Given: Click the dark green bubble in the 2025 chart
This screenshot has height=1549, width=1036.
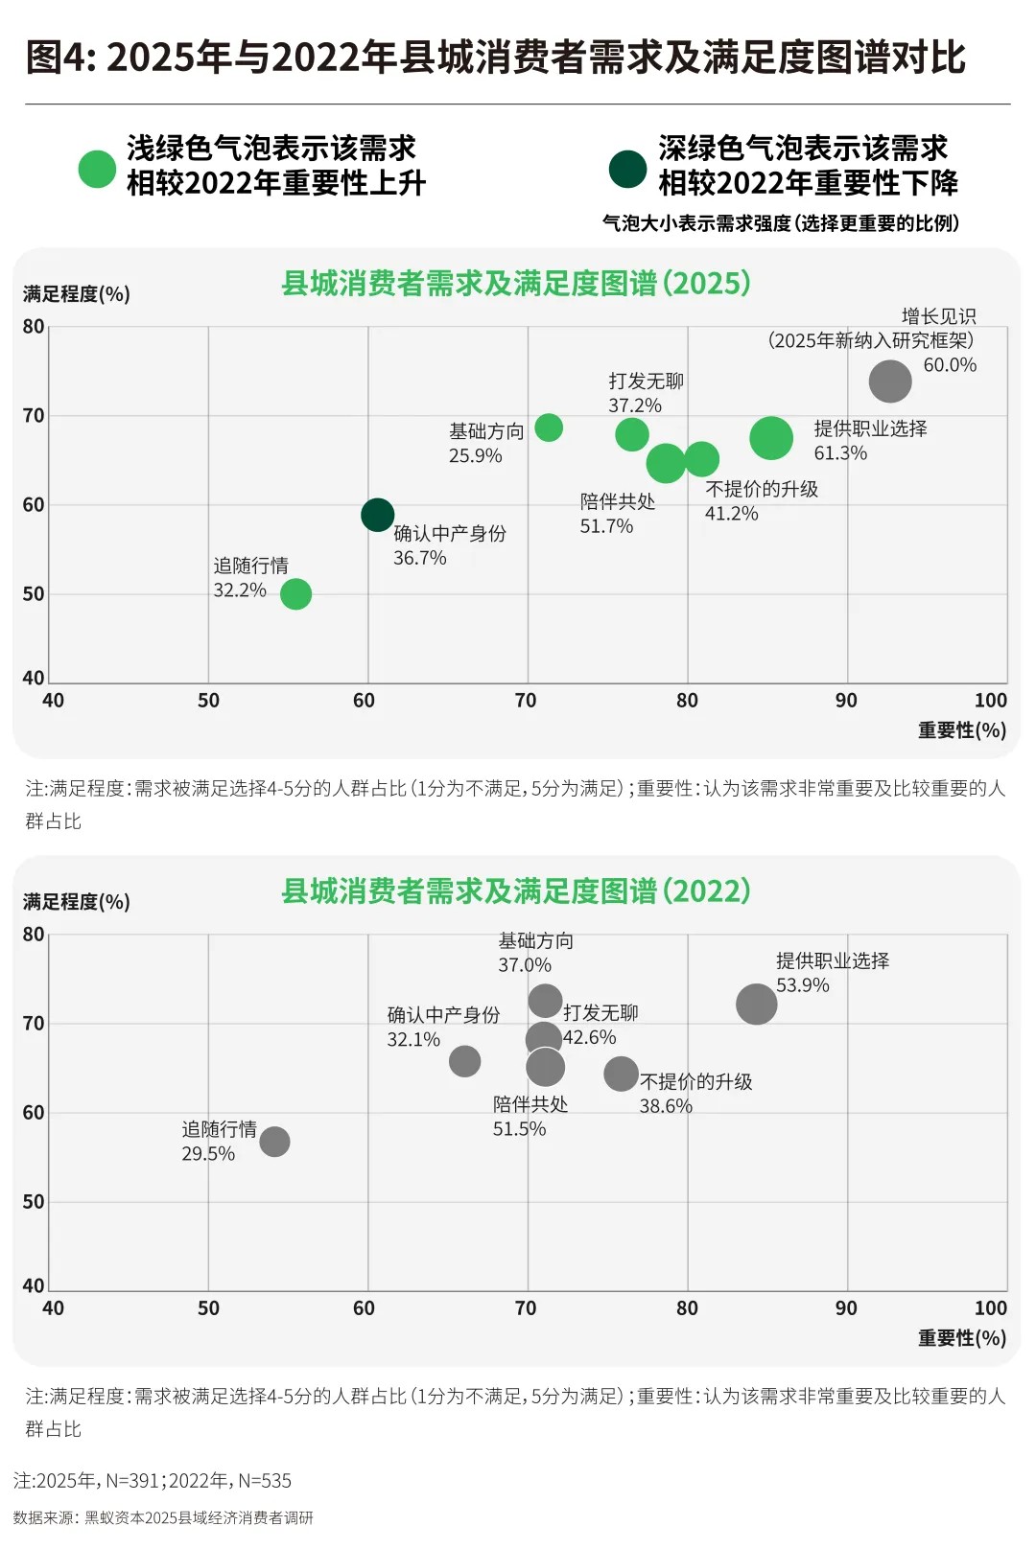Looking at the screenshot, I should coord(377,515).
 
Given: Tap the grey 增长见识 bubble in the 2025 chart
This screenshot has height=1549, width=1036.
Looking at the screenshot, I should coord(889,381).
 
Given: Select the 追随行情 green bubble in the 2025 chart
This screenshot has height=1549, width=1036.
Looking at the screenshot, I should coord(295,594).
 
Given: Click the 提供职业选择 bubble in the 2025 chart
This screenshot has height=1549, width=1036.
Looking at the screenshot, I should coord(771,438).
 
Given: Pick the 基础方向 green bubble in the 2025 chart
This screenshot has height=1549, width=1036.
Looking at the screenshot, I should coord(549,428).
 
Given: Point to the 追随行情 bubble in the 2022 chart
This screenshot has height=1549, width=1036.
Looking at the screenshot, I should coord(274,1142).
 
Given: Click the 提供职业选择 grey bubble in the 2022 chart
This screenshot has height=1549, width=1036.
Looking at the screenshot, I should coord(756,1004).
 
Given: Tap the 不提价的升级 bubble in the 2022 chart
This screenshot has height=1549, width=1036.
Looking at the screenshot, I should coord(621,1074).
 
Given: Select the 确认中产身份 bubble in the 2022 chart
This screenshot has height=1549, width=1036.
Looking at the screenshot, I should coord(464,1061).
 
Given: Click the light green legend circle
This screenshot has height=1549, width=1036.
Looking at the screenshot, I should coord(97,169).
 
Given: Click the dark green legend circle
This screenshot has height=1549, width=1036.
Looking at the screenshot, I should coord(627,169).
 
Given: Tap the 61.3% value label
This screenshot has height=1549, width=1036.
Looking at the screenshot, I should coord(840,453).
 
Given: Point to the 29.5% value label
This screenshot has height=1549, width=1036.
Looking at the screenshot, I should coord(208,1154).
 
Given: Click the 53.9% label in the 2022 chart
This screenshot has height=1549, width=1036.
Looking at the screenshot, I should coord(802,985).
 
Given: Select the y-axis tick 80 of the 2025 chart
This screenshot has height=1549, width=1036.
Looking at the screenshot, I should coord(34,327).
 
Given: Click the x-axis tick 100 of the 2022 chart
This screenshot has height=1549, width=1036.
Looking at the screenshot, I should coord(990,1308).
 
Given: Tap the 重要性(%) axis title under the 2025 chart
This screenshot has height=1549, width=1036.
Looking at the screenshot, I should coord(961,730).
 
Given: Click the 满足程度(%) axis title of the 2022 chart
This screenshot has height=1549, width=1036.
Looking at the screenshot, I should coord(76,902).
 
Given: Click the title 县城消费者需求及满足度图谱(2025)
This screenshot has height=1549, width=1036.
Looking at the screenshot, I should coord(515,284).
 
